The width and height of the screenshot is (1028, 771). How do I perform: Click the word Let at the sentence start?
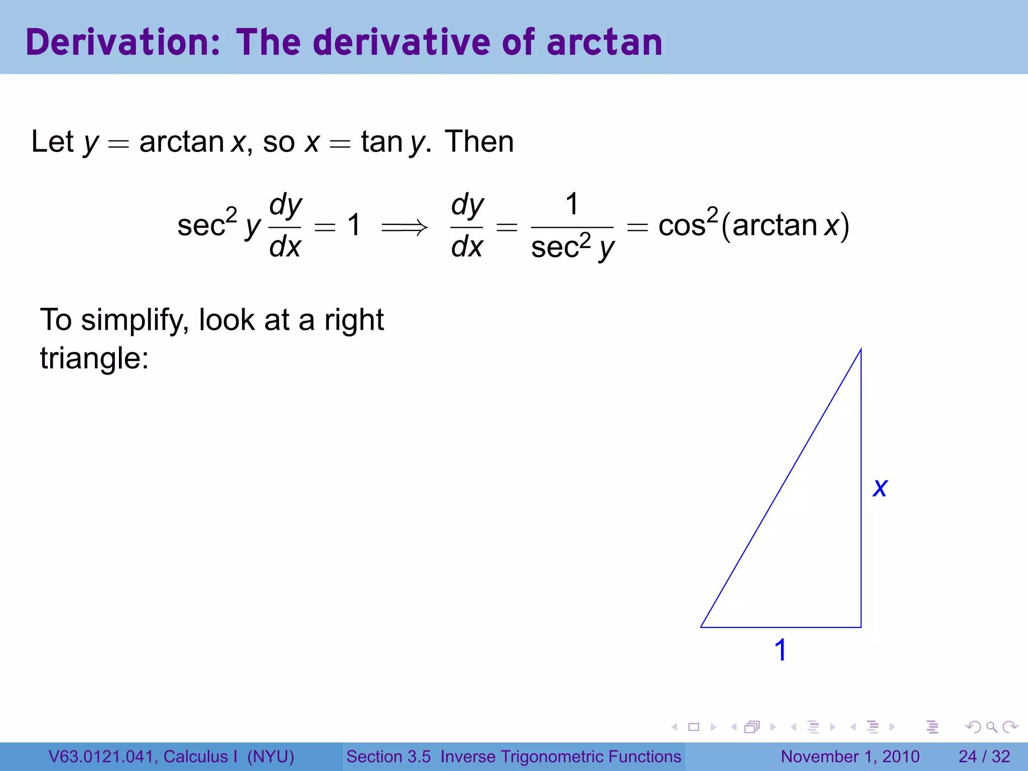tap(52, 142)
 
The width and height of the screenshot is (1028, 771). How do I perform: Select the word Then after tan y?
tap(479, 142)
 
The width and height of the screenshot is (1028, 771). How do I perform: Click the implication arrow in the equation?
tap(405, 227)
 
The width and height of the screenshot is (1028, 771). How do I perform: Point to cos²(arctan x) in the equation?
tap(753, 225)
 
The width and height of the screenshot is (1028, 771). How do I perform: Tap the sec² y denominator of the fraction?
tap(572, 247)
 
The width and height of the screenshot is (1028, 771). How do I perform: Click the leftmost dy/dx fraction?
tap(285, 226)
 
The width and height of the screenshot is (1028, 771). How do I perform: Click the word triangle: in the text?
tap(94, 358)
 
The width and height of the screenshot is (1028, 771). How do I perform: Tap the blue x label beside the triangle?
tap(880, 487)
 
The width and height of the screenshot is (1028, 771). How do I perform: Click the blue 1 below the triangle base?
tap(780, 650)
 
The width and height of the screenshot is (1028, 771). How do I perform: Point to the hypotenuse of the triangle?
tap(781, 488)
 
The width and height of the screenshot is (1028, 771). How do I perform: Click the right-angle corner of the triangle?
tap(860, 626)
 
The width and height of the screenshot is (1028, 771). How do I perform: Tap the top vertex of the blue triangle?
tap(861, 350)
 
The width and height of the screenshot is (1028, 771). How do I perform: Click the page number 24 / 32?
tap(984, 756)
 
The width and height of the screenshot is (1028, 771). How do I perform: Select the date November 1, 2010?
tap(850, 756)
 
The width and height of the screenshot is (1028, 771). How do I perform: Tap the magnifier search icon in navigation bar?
tap(991, 727)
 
